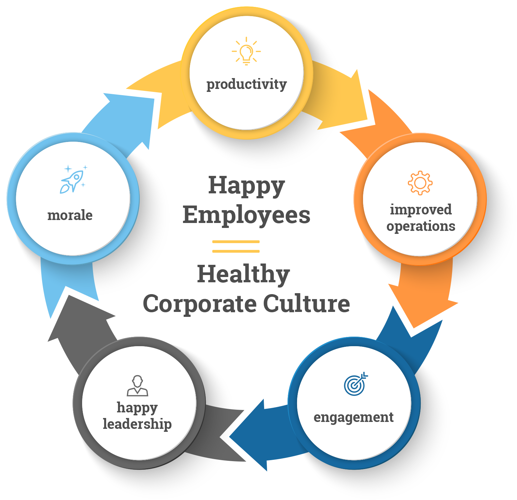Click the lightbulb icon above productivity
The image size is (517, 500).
click(246, 51)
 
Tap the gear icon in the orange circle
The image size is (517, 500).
click(420, 183)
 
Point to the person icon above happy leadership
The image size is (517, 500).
click(137, 386)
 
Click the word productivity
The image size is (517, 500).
click(246, 84)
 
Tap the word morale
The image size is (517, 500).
click(70, 215)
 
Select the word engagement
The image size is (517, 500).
click(353, 417)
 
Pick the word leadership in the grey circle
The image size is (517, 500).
click(137, 424)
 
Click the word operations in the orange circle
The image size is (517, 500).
click(421, 226)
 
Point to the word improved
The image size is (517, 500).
click(421, 210)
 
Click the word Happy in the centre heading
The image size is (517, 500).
click(247, 186)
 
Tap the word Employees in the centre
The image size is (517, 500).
click(247, 215)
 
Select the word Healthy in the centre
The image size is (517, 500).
click(243, 274)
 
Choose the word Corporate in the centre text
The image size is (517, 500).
click(200, 304)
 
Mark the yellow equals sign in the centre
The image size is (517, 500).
click(236, 246)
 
